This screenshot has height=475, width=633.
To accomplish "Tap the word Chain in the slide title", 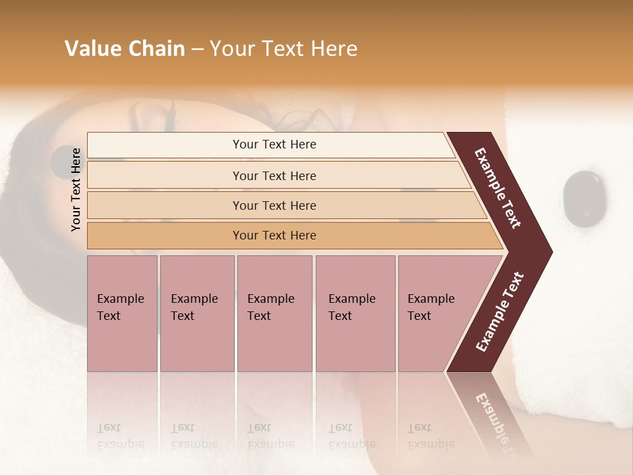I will pos(156,49).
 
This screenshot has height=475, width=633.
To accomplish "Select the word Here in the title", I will pos(334,49).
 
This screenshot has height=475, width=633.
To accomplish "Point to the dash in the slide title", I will pos(197,49).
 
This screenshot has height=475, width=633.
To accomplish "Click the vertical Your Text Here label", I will pos(76,189).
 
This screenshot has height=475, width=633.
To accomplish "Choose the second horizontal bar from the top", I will pos(274,175).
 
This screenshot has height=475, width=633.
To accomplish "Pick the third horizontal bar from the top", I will pos(274,205).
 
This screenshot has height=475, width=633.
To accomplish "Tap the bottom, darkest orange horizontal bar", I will pos(274,236).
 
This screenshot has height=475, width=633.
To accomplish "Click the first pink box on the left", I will pos(122,313).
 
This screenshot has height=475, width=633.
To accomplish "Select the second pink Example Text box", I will pos(196,313).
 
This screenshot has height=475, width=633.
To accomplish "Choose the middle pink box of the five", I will pos(274,313).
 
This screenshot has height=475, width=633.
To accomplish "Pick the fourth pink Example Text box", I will pos(355,313).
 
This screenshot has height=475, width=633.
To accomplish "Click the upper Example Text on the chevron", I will pos(498,188).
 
